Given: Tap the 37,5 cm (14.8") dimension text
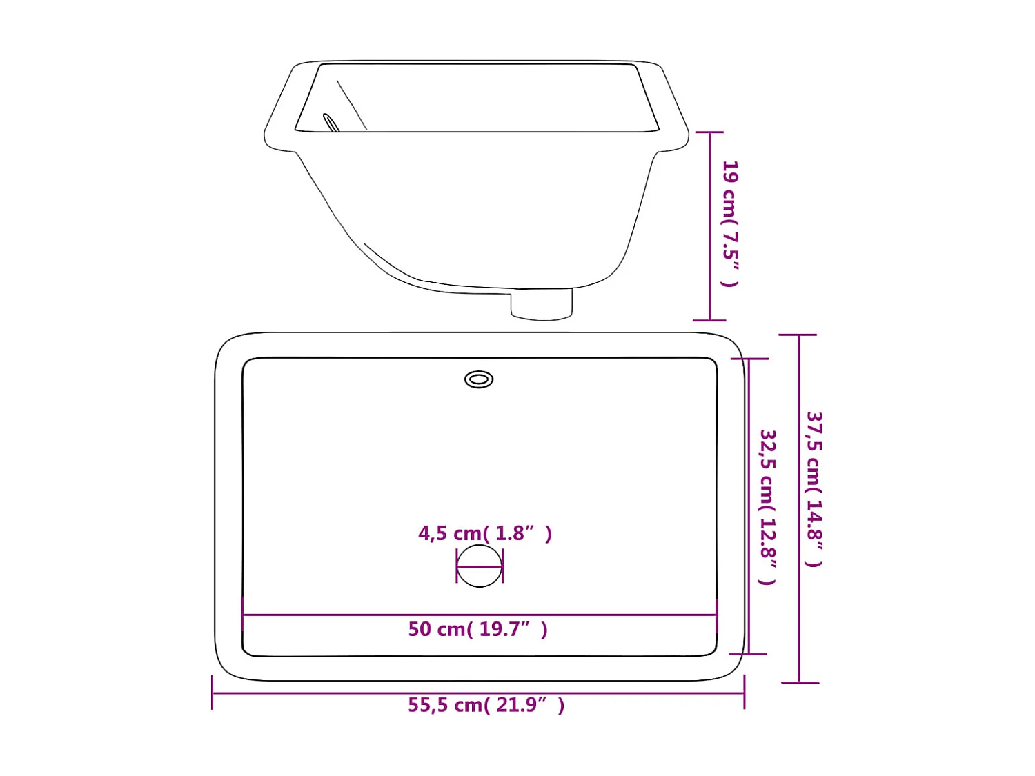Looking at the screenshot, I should click(x=815, y=489).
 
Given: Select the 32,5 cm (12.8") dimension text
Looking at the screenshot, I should click(x=768, y=507).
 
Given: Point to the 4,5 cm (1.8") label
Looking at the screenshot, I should click(x=485, y=533).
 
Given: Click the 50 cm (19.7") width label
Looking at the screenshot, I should click(x=477, y=629).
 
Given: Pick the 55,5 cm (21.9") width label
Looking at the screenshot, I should click(x=486, y=705).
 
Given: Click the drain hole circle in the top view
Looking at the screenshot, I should click(x=480, y=566).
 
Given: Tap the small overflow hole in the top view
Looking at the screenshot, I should click(x=479, y=379).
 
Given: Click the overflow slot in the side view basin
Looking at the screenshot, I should click(x=331, y=123).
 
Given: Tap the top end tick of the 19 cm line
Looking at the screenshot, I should click(x=710, y=132).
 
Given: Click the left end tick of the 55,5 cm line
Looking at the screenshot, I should click(x=213, y=693).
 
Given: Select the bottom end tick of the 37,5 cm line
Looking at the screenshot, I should click(x=800, y=682).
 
